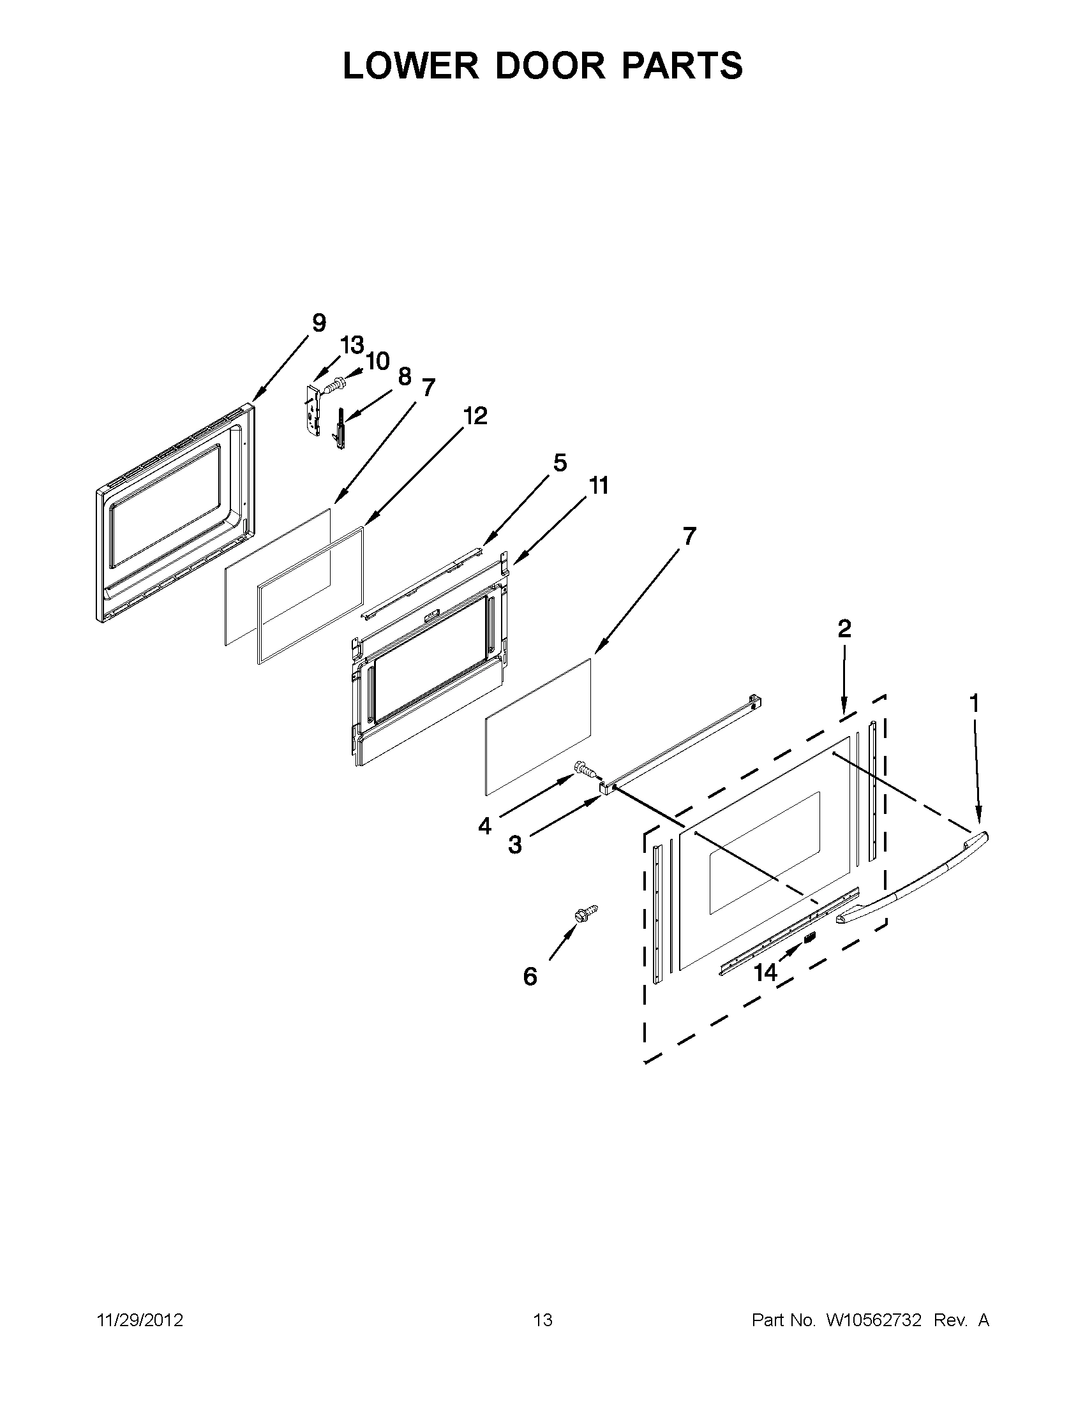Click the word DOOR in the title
click(x=550, y=66)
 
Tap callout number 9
click(x=318, y=323)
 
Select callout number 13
click(x=352, y=345)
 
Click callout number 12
click(x=475, y=416)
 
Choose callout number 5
click(x=560, y=462)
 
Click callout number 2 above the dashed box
click(x=844, y=628)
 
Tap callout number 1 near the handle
click(x=974, y=704)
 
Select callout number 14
click(x=765, y=973)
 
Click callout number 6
click(x=529, y=977)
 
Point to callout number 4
click(x=484, y=826)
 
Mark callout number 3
click(x=514, y=845)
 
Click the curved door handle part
click(x=913, y=881)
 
